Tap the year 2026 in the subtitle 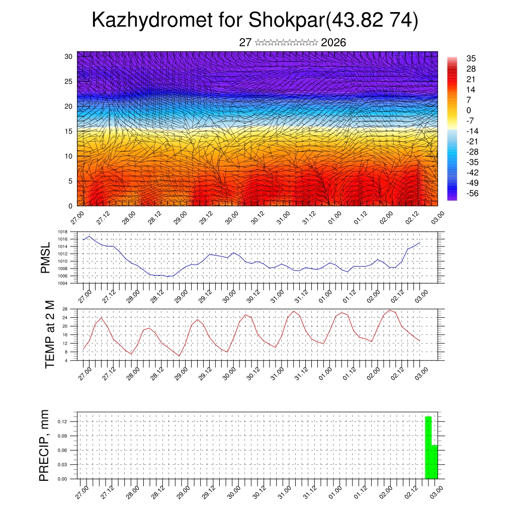pyautogui.click(x=333, y=43)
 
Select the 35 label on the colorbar pyautogui.click(x=471, y=58)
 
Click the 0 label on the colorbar pyautogui.click(x=469, y=110)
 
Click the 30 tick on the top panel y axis pyautogui.click(x=68, y=56)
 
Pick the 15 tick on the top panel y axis pyautogui.click(x=68, y=131)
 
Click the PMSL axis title pyautogui.click(x=46, y=257)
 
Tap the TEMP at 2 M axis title pyautogui.click(x=49, y=334)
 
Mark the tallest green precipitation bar pyautogui.click(x=428, y=448)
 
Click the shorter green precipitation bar pyautogui.click(x=435, y=462)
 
